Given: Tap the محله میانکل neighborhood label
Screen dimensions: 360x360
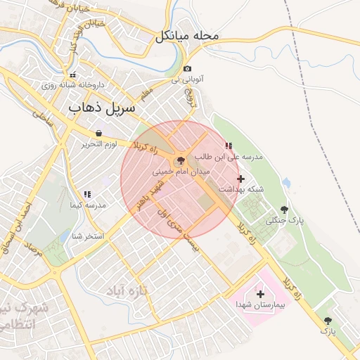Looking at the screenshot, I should click(188, 35).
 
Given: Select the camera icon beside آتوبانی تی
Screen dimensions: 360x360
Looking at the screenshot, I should click(187, 69).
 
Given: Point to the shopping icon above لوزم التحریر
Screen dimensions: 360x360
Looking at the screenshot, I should click(98, 133).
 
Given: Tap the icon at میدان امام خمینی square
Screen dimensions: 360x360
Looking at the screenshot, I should click(181, 160).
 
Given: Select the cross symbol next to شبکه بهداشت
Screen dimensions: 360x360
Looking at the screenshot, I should click(241, 179).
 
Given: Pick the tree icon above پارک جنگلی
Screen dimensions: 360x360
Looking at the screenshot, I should click(284, 210).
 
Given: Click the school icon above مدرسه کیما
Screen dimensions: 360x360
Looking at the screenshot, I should click(87, 193).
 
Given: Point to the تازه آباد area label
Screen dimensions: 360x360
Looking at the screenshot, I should click(129, 290).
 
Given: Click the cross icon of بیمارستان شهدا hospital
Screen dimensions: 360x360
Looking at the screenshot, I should click(261, 294).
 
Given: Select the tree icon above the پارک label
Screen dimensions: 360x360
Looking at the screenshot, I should click(326, 320).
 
